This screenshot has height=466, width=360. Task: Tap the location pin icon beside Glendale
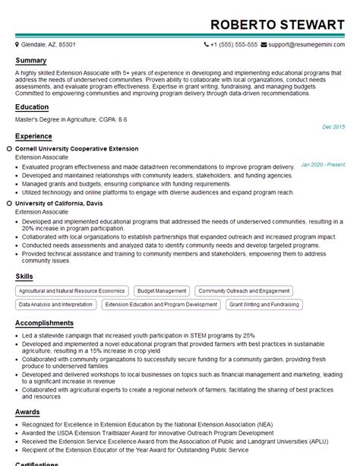click(17, 45)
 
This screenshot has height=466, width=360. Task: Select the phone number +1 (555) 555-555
click(235, 45)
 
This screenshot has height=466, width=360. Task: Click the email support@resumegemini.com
click(308, 45)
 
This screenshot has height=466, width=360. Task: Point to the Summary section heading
click(31, 60)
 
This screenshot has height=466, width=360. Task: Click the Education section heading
click(32, 107)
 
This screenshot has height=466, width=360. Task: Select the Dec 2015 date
click(333, 126)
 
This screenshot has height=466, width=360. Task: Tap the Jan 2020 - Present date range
click(323, 164)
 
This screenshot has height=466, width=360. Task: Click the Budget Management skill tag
click(162, 290)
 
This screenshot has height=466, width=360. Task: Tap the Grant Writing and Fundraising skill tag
click(264, 304)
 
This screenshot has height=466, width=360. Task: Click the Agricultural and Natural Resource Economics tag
click(71, 290)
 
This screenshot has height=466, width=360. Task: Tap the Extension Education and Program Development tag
click(161, 304)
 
